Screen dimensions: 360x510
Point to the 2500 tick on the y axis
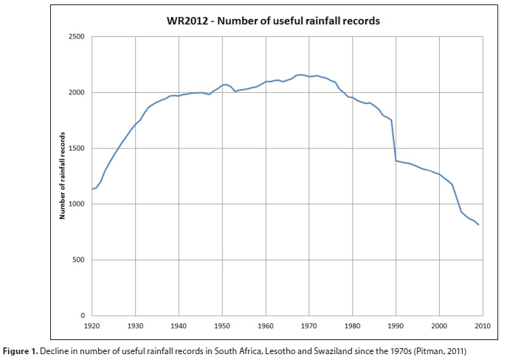click(x=77, y=37)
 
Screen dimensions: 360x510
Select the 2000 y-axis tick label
click(x=77, y=92)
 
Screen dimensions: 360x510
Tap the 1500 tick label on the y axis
click(x=77, y=148)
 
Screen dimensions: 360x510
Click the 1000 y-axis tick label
click(x=77, y=204)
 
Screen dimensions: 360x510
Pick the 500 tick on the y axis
click(x=79, y=260)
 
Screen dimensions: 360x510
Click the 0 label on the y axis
click(x=83, y=316)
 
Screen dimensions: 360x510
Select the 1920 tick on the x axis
click(x=92, y=325)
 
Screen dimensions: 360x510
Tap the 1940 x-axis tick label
click(x=178, y=325)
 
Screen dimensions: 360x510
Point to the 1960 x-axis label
click(x=266, y=325)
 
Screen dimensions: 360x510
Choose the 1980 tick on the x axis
click(x=353, y=325)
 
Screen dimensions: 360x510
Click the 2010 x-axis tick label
click(x=483, y=325)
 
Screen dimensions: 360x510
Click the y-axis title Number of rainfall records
click(x=64, y=176)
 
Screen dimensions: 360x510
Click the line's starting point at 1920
click(x=92, y=190)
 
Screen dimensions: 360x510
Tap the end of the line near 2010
click(x=479, y=224)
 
